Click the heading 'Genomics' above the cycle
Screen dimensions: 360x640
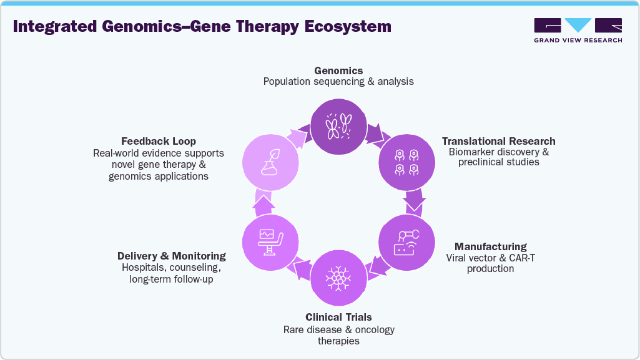(x=338, y=71)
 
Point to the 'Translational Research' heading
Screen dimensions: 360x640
(x=498, y=141)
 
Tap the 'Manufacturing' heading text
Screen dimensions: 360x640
(x=490, y=246)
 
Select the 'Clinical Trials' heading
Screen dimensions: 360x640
(x=338, y=318)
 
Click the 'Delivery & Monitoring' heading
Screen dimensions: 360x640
(x=171, y=256)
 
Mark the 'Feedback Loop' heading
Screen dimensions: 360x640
(x=158, y=141)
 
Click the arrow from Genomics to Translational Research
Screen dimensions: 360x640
(x=376, y=132)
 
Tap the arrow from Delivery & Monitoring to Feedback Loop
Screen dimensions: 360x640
(x=263, y=203)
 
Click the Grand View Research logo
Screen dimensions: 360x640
(x=578, y=30)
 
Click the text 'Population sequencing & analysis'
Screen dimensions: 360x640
(x=338, y=82)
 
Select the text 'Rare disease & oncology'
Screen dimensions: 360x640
(x=338, y=329)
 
